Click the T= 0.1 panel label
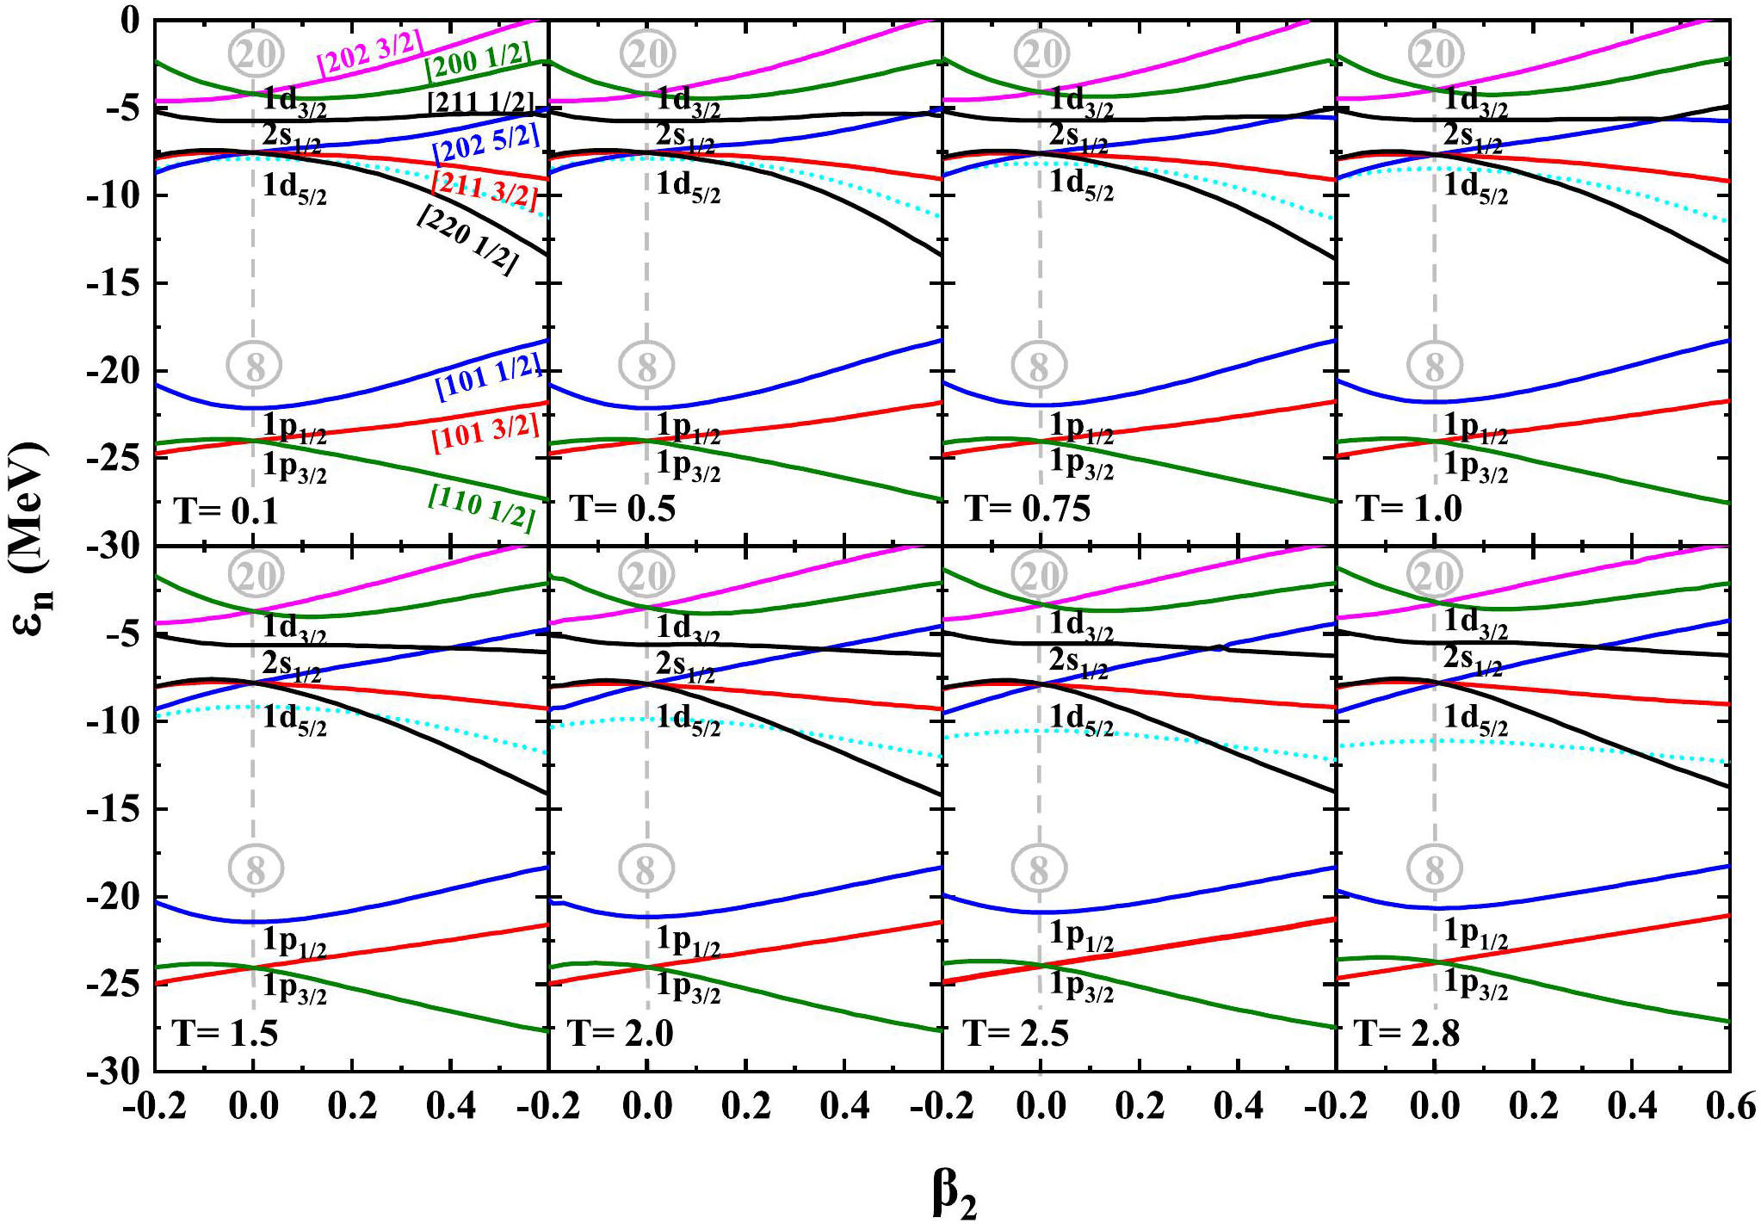(x=226, y=510)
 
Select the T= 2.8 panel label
(x=1407, y=1032)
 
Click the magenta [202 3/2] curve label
(x=370, y=53)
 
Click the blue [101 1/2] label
(x=489, y=379)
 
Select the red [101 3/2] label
(x=485, y=432)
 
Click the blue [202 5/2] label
(x=487, y=144)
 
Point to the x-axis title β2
(x=954, y=1195)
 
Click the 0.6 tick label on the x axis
(x=1730, y=1105)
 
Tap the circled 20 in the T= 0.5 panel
(x=647, y=53)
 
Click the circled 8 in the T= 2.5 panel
(x=1039, y=869)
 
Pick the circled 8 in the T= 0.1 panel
(x=255, y=366)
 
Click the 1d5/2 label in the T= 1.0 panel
(x=1475, y=187)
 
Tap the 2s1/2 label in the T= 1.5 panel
(x=292, y=666)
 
